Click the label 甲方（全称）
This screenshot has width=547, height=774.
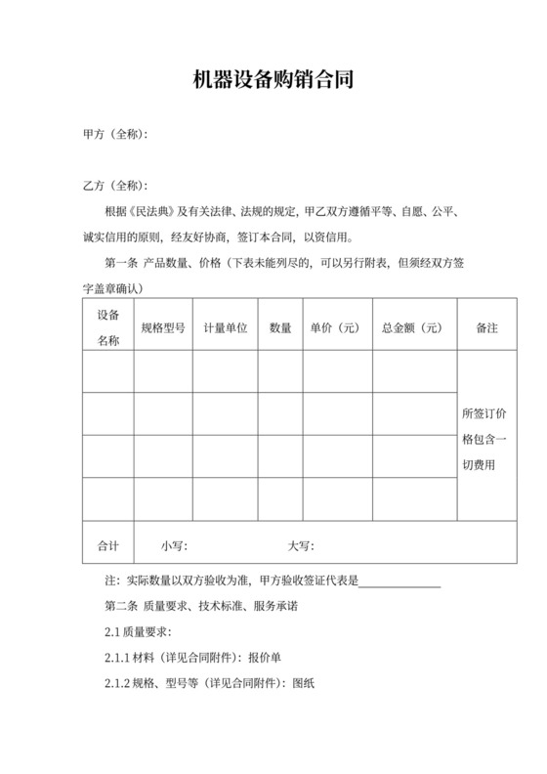tap(115, 134)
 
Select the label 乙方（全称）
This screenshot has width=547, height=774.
tap(115, 186)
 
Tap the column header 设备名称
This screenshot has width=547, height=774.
tap(107, 327)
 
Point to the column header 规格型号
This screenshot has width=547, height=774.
tap(163, 328)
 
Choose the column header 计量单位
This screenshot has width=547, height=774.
tap(226, 328)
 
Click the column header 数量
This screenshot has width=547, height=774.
tap(280, 328)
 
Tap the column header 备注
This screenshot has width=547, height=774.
tap(486, 328)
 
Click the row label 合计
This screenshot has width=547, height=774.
tap(107, 545)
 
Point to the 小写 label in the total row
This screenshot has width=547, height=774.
tap(175, 545)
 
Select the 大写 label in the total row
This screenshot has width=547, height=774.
tap(300, 545)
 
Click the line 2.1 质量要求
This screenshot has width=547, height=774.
tap(139, 632)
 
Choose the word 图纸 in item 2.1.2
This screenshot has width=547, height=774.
tap(305, 683)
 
